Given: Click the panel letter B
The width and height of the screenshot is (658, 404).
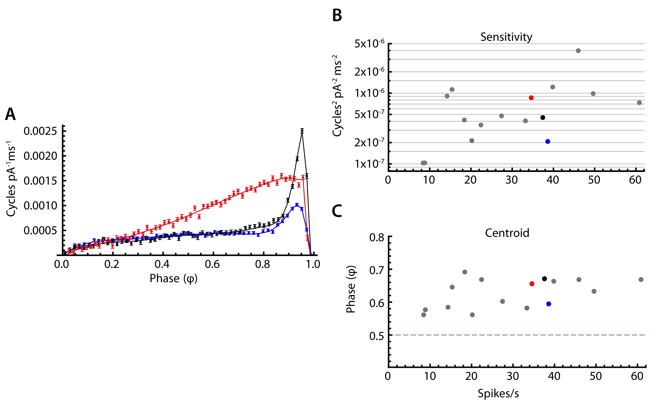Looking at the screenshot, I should [x=337, y=16].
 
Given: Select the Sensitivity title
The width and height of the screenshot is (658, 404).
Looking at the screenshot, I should [x=506, y=37].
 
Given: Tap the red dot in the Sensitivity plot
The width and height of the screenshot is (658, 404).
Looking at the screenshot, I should [x=531, y=98].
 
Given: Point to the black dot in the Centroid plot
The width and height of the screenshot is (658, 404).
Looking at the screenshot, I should [x=544, y=279].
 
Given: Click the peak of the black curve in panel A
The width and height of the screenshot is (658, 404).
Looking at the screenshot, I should [x=302, y=131].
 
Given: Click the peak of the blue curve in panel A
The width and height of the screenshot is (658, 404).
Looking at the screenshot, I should [x=297, y=205].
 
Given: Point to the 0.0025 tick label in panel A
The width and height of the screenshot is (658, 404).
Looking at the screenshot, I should [x=40, y=131].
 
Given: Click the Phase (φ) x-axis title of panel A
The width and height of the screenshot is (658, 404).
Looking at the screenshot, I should [x=173, y=279].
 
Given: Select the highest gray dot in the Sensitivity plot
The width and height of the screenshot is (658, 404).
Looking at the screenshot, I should [x=578, y=51].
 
